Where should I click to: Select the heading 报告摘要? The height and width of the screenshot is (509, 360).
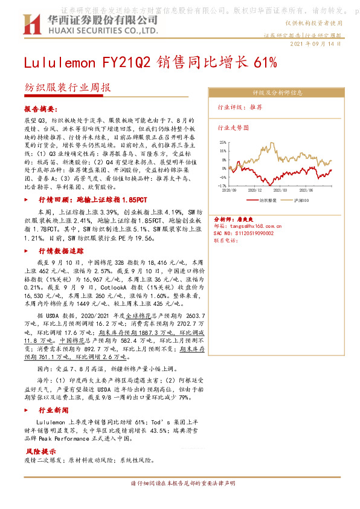pos(40,110)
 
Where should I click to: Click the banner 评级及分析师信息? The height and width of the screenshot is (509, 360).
pos(277,93)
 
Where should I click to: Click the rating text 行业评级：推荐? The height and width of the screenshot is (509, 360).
pos(240,107)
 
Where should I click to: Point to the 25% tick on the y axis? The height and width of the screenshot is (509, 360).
pos(223,143)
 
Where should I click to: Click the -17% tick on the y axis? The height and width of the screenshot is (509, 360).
pos(223,186)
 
